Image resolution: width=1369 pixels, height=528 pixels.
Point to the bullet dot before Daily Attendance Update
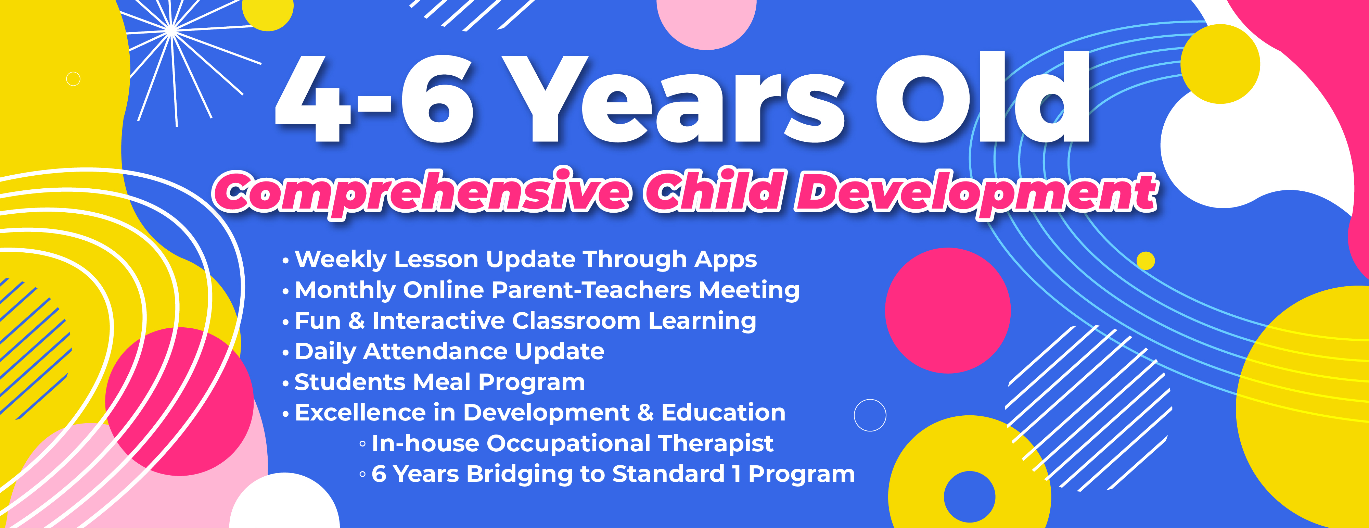tap(286, 353)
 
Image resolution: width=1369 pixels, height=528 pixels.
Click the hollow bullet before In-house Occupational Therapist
tap(362, 443)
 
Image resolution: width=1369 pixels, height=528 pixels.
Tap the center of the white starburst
tap(171, 31)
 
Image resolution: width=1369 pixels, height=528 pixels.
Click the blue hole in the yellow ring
tap(969, 496)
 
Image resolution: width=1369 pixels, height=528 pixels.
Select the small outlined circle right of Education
tap(870, 415)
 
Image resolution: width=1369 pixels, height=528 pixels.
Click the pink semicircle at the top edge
tap(706, 21)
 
